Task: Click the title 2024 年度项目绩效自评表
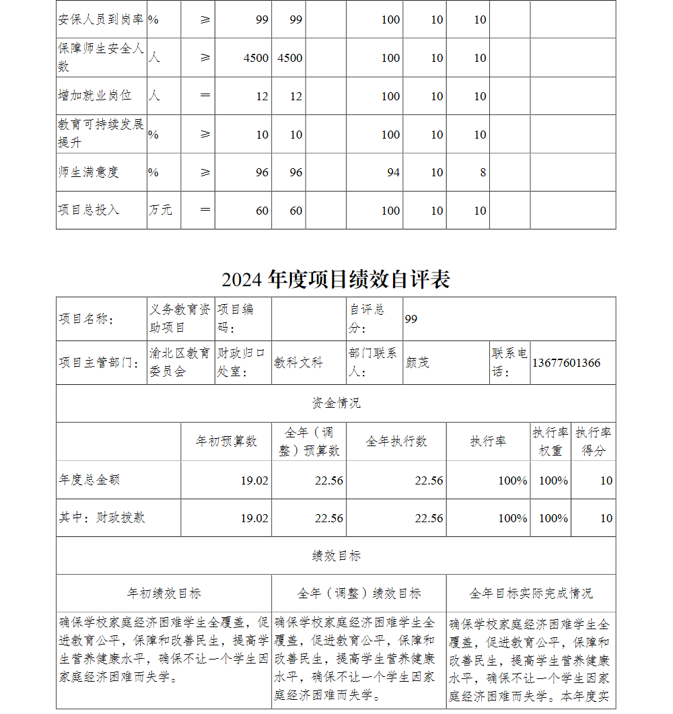(x=335, y=279)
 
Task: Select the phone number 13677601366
(x=566, y=363)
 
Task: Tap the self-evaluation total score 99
(x=411, y=319)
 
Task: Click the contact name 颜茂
(x=417, y=363)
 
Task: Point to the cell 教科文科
(x=298, y=363)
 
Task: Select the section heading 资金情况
(x=336, y=403)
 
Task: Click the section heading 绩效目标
(x=336, y=556)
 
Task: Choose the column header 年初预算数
(x=226, y=441)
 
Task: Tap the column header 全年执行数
(x=396, y=441)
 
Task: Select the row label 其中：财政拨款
(x=102, y=517)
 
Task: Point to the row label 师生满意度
(x=88, y=172)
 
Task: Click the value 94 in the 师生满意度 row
(x=393, y=172)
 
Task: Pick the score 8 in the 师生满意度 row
(x=483, y=172)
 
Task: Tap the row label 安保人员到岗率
(x=100, y=20)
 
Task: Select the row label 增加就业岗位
(x=94, y=96)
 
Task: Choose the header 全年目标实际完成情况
(x=530, y=594)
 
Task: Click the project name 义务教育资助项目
(x=180, y=318)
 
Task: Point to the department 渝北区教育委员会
(x=180, y=362)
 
